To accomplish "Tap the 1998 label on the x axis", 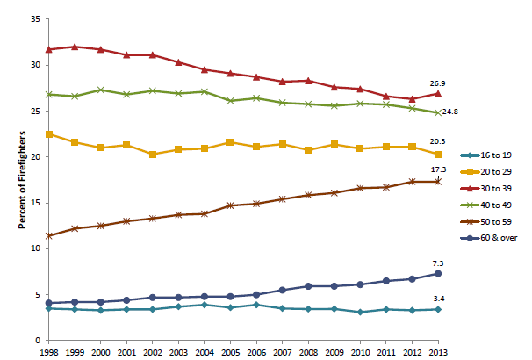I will [x=49, y=352].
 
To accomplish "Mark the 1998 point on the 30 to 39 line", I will [x=49, y=49].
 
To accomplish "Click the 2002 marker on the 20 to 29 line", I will [x=153, y=154].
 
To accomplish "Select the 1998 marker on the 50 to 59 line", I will [x=49, y=235].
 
